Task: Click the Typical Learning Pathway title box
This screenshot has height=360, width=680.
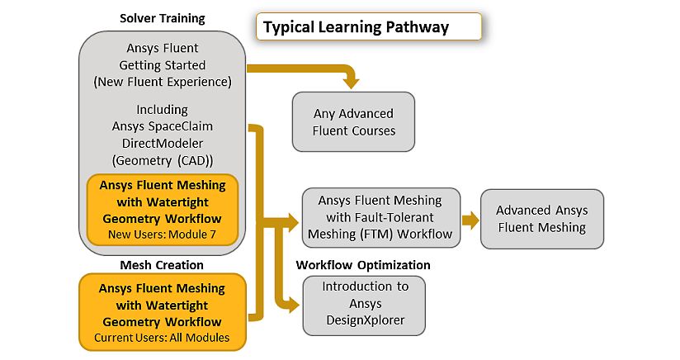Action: point(369,27)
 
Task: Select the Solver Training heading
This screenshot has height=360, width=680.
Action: point(163,19)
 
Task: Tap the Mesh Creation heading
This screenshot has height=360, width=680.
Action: point(162,265)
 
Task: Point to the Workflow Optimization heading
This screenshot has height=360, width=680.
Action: point(363,265)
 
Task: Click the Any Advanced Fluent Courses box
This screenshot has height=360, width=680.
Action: point(353,122)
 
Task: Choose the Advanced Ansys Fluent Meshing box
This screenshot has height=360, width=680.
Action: point(542,219)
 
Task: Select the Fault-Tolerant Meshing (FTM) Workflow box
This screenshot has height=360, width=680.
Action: point(380,217)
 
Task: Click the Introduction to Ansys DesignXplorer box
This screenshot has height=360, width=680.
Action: point(364,306)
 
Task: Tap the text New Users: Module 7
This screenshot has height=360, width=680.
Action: point(162,234)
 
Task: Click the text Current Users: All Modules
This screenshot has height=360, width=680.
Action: point(162,338)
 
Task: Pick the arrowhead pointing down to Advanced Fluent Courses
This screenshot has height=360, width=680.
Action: point(351,83)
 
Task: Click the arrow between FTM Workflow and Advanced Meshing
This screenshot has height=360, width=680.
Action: point(470,220)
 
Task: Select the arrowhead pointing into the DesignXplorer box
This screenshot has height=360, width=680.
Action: point(294,305)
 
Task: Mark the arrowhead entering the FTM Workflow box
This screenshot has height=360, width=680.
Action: point(293,222)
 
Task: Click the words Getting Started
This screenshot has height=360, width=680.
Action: point(163,65)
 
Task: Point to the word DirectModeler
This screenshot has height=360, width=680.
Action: point(163,143)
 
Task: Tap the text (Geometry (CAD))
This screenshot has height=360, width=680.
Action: point(163,161)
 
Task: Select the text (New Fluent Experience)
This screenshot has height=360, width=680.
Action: point(163,82)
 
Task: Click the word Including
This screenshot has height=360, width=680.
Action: point(163,110)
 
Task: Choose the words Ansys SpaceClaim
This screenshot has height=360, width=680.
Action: point(163,126)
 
